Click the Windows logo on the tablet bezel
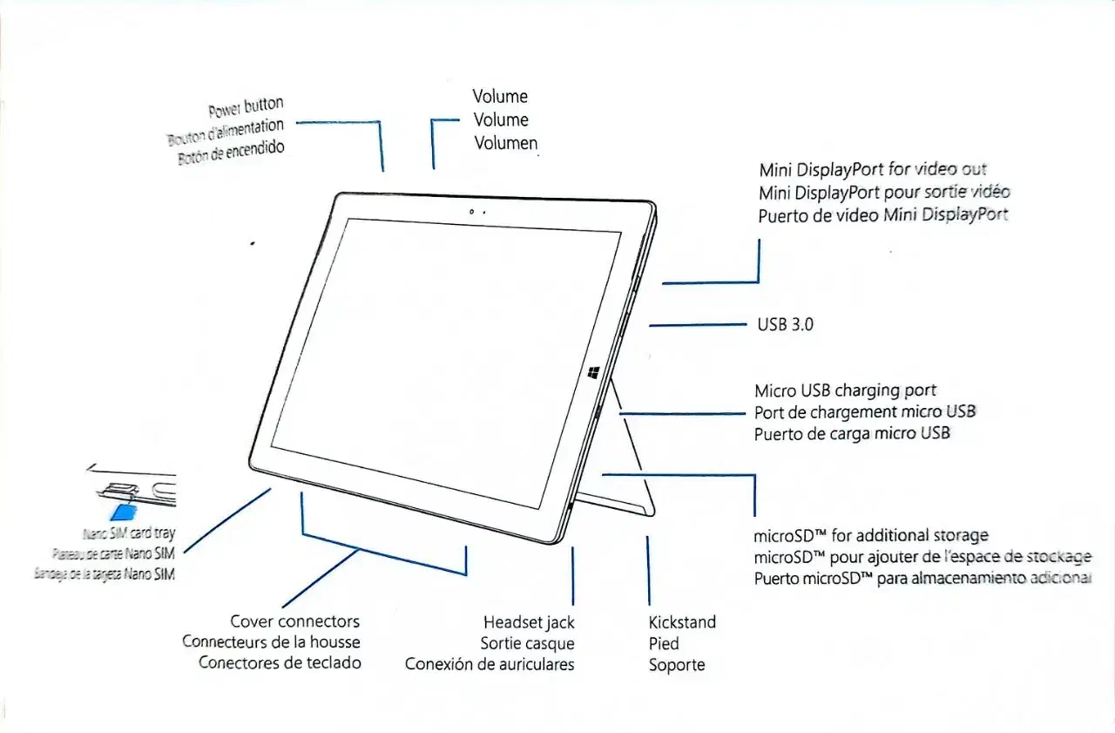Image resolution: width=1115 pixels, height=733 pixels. [593, 373]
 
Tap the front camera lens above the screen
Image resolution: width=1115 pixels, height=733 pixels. [471, 212]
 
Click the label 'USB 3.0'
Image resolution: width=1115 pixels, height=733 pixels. [785, 325]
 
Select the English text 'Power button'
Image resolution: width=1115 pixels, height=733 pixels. [246, 107]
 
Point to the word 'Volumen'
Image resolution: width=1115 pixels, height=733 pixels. [505, 143]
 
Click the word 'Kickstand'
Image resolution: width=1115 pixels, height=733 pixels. [682, 622]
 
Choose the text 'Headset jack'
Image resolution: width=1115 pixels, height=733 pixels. [529, 622]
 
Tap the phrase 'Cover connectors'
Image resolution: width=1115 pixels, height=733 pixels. [294, 621]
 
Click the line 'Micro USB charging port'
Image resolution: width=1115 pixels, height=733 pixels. [845, 390]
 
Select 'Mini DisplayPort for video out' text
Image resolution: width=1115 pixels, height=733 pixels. [873, 170]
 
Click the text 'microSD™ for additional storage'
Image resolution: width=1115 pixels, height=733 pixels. [870, 535]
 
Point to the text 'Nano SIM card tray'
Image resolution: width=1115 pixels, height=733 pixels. [128, 533]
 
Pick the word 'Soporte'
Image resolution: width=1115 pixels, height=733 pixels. [677, 665]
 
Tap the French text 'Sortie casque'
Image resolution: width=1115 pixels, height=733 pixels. [527, 643]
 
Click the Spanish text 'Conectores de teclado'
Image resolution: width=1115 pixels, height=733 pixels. [280, 662]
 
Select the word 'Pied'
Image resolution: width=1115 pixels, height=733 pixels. [664, 644]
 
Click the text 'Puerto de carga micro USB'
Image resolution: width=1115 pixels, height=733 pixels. [851, 433]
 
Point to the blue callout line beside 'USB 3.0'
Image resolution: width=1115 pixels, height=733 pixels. [697, 325]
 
